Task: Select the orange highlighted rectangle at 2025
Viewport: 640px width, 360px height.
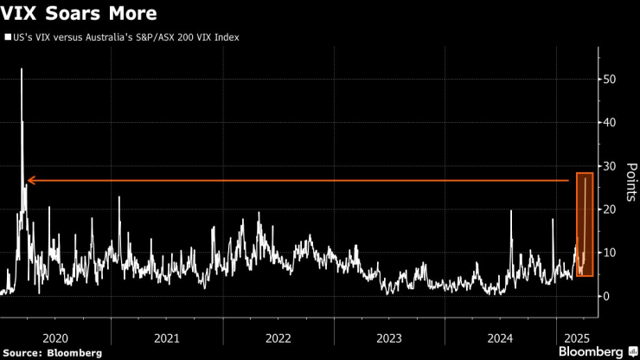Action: (x=585, y=224)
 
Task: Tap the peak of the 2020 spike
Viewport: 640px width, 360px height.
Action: (x=22, y=69)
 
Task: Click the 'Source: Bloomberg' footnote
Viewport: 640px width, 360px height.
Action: (x=52, y=353)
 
